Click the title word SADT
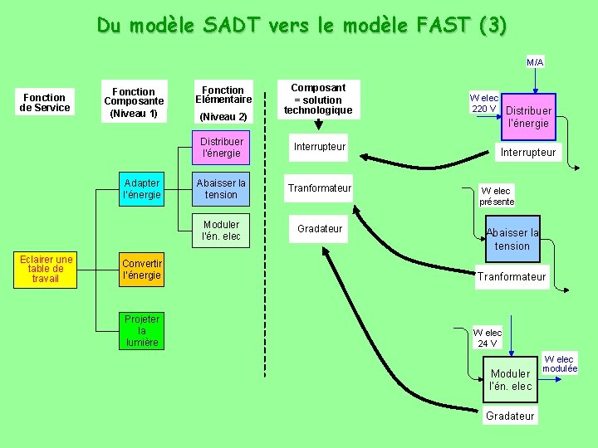click(x=240, y=25)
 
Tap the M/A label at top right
click(x=535, y=62)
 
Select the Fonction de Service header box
click(x=45, y=101)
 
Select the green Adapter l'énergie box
click(x=141, y=189)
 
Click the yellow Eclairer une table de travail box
click(x=46, y=269)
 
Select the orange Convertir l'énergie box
click(x=141, y=269)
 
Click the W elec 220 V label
click(x=483, y=103)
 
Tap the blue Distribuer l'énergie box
click(x=528, y=116)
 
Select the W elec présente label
click(x=497, y=196)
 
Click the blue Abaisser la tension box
click(x=512, y=239)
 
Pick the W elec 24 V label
click(x=488, y=338)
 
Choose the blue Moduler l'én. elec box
click(x=510, y=379)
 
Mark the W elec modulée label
click(x=560, y=363)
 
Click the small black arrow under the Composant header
click(x=318, y=125)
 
